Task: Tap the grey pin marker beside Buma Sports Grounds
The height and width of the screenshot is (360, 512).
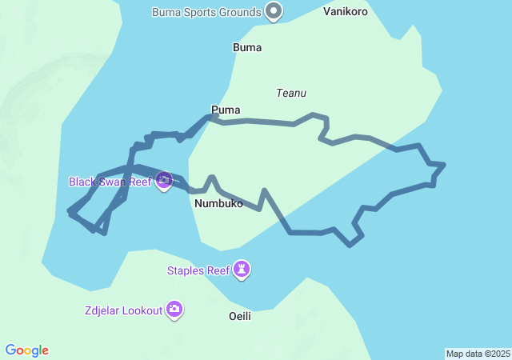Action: pos(274,11)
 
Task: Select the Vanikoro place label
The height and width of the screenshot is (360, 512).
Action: pos(346,12)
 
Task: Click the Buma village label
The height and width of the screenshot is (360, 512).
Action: pos(247,47)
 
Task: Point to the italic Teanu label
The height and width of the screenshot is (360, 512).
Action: pos(290,93)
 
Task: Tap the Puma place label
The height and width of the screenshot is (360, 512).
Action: pos(226,110)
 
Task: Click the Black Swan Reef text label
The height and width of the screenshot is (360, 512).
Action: pos(110,182)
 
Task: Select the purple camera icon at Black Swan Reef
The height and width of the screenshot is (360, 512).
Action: pos(164,181)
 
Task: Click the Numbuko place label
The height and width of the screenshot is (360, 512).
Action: pos(218,203)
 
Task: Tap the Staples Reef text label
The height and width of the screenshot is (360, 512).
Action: pos(198,270)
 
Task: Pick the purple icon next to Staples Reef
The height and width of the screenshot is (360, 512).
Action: pos(242,270)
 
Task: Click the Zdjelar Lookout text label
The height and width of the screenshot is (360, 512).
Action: pos(122,310)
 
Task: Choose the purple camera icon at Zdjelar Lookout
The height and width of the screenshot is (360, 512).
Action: pos(174,310)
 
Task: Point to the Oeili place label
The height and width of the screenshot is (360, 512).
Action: pos(240,316)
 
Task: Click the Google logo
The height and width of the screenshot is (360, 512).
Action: pos(27,350)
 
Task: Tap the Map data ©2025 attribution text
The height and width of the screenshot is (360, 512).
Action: pos(477,354)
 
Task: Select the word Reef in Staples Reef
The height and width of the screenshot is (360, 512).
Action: pos(218,270)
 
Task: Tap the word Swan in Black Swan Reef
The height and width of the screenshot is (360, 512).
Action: pos(112,182)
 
